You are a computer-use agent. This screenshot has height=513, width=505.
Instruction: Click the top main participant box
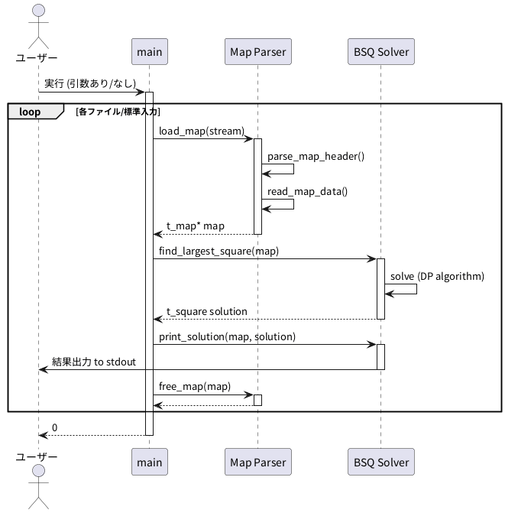150,52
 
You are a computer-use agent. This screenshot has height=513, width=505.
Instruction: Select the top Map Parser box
257,52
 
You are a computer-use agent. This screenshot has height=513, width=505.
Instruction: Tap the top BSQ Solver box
380,52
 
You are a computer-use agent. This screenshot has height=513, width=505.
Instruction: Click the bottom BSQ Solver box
380,462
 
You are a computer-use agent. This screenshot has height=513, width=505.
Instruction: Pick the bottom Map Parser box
257,462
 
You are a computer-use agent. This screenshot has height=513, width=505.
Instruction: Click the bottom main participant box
150,462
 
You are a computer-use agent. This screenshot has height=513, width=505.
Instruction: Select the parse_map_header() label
316,156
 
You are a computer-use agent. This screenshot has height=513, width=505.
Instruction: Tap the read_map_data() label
307,191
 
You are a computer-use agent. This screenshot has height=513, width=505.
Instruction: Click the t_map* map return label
196,226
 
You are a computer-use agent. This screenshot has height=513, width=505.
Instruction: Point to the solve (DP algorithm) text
437,275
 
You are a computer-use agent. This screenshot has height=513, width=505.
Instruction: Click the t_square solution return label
207,311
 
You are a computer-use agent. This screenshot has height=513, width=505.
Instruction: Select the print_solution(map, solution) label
227,336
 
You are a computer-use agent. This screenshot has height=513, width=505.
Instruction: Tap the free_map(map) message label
195,386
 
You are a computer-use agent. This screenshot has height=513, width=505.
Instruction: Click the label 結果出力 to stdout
94,362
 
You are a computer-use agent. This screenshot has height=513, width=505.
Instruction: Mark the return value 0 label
55,427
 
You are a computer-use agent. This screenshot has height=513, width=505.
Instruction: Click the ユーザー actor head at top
37,11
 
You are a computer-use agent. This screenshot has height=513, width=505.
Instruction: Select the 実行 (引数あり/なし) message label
90,83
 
